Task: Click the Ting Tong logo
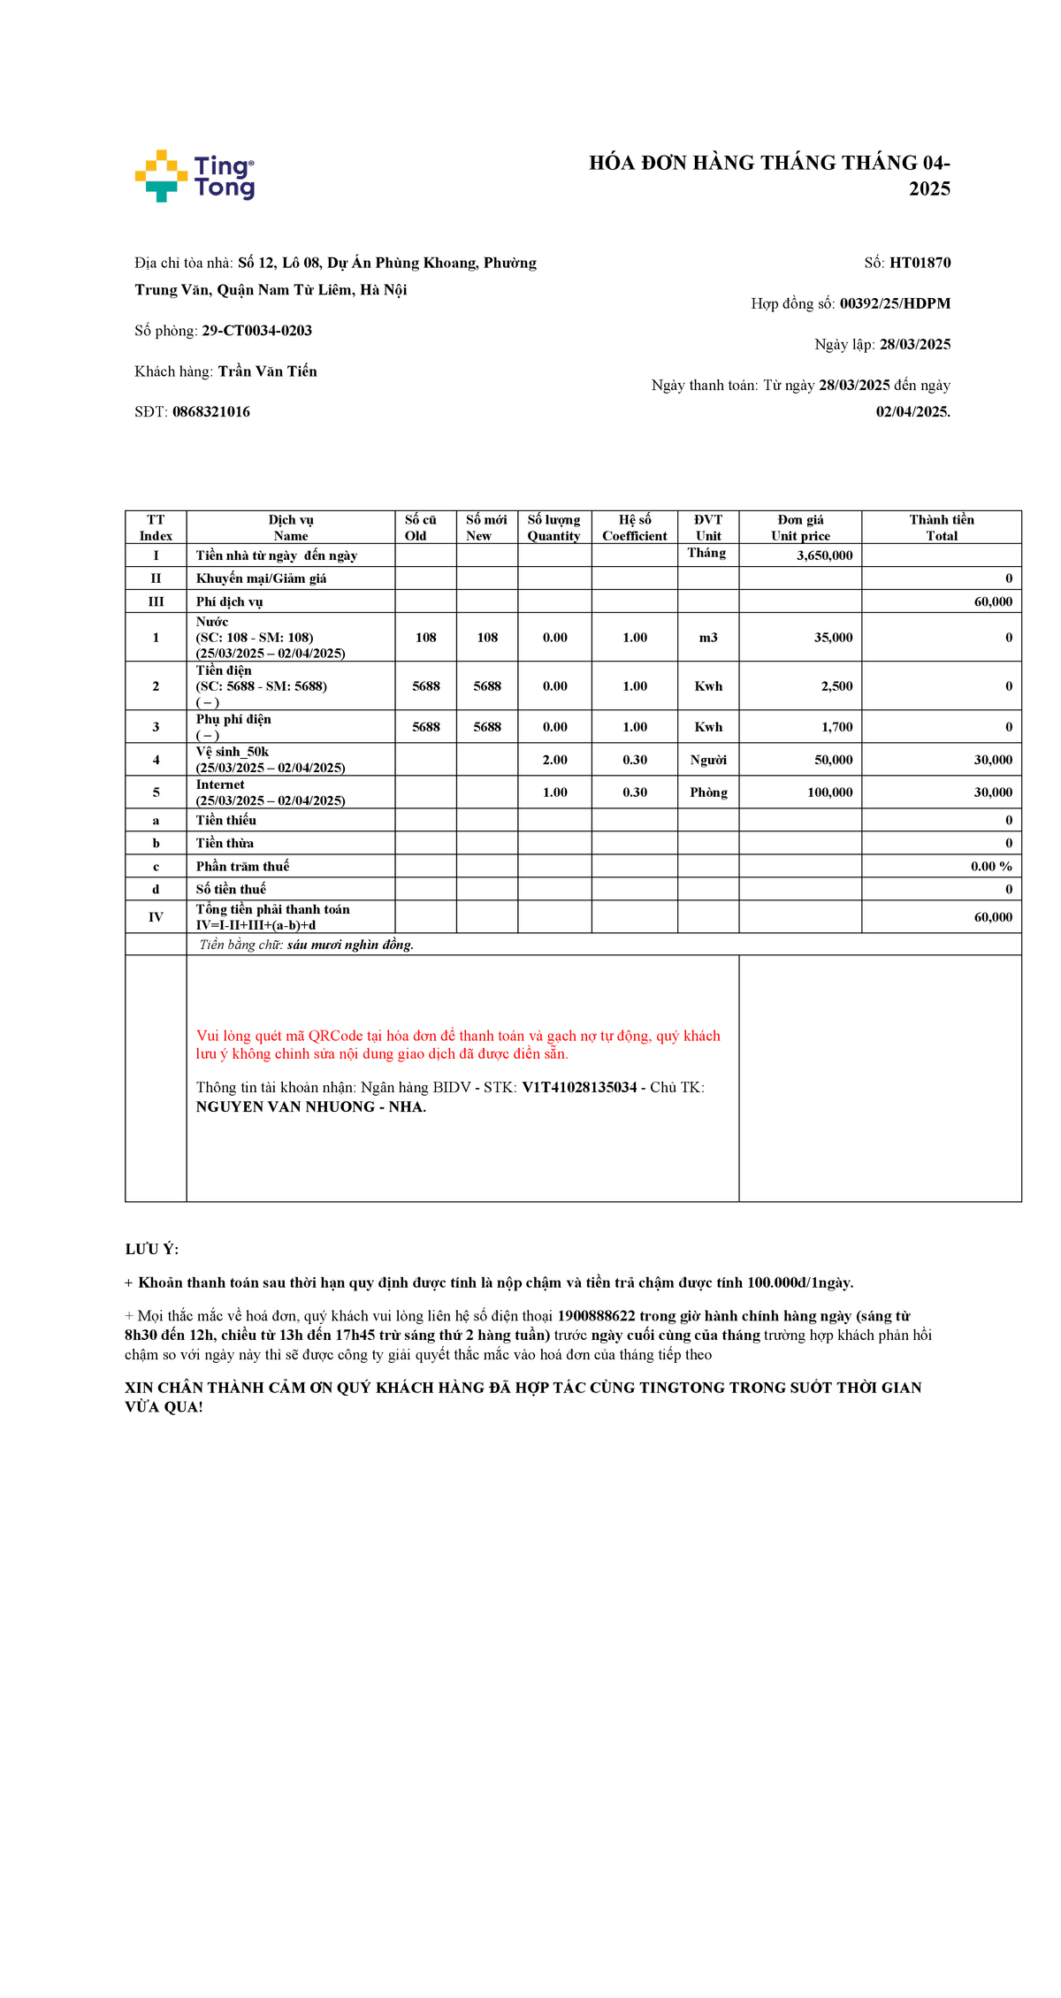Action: (195, 176)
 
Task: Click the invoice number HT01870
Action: (920, 263)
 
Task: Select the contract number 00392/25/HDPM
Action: (895, 303)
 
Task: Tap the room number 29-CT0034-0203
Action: (256, 331)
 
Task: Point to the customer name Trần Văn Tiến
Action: (267, 371)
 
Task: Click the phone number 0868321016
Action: (210, 412)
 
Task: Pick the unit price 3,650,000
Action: (824, 555)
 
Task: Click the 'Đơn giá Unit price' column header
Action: (800, 527)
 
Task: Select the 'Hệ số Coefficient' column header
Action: (634, 527)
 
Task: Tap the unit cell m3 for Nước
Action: (708, 638)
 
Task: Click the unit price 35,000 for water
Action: (833, 638)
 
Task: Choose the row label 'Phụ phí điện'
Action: (233, 719)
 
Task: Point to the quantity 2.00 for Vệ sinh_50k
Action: (554, 760)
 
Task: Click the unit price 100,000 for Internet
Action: (829, 792)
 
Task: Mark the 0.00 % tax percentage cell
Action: (990, 867)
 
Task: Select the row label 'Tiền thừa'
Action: (225, 843)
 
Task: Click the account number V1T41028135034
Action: (579, 1087)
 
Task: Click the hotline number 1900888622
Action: (596, 1316)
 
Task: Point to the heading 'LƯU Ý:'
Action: (152, 1249)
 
